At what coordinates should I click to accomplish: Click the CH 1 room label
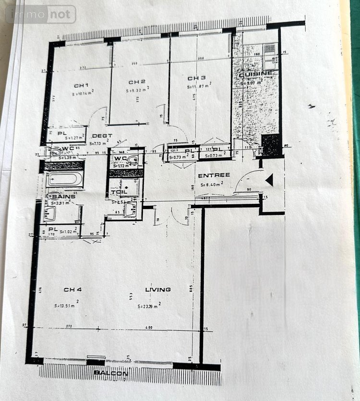click(80, 86)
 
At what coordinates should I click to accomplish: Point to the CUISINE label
click(256, 73)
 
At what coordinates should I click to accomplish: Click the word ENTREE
click(214, 176)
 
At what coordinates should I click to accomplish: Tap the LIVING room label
click(158, 290)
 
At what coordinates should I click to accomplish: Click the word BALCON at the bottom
click(111, 373)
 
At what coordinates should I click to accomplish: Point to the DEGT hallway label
click(102, 136)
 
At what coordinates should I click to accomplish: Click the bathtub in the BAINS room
click(65, 180)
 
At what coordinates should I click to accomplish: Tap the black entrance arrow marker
click(269, 180)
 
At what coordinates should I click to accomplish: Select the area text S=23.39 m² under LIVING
click(149, 306)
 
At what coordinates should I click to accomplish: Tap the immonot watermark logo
click(41, 14)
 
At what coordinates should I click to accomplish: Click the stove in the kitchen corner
click(270, 49)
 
